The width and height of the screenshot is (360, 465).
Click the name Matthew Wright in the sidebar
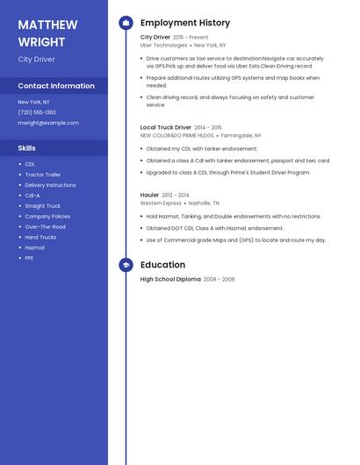coord(47,32)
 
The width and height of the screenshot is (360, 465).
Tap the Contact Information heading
coord(56,86)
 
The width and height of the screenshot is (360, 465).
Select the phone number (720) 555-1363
coord(37,112)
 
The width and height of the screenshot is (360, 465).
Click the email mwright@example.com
coord(48,123)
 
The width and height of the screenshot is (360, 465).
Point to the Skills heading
coord(26,148)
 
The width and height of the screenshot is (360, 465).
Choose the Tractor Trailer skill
coord(43,175)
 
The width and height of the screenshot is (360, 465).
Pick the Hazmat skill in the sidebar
coord(35,247)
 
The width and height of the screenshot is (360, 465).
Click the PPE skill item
coord(29,258)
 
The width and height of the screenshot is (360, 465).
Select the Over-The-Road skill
coord(45,226)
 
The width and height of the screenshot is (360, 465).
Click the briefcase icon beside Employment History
coord(126,23)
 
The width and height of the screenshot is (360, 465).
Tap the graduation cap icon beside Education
coord(126,265)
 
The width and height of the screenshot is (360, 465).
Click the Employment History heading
coord(185,23)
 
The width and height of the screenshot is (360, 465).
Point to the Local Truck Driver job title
coord(166,127)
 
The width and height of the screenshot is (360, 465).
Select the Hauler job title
coord(150,194)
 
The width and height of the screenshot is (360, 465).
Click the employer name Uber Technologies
coord(163,45)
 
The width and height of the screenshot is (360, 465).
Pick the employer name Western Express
coord(161,203)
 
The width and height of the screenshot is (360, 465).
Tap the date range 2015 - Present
coord(191,38)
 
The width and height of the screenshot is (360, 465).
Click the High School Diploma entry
coord(170,279)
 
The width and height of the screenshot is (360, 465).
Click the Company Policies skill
coord(47,216)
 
